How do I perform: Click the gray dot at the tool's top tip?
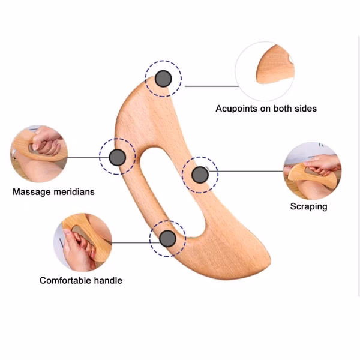point(163,78)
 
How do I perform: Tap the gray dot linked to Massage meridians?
point(118,157)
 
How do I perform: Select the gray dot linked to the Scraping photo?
point(199,175)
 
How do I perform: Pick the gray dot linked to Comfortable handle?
point(167,239)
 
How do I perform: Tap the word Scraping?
point(308,206)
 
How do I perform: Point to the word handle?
point(108,280)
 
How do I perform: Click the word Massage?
point(30,193)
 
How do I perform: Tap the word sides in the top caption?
point(304,109)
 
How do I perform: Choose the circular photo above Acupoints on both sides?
point(265,70)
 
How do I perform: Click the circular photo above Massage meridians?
point(39,154)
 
